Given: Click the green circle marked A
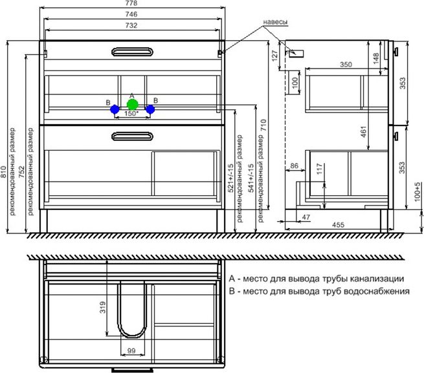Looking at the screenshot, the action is point(133,105).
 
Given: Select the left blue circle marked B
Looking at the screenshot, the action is point(115,109).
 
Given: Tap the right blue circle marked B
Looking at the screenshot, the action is point(150,109).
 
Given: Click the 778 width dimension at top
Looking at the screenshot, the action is point(131,3).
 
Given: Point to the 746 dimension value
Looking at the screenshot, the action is point(131,14).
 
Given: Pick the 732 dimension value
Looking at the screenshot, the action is point(131,25).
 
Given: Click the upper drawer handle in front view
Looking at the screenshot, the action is point(132,52).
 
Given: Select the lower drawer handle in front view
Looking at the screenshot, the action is point(132,136).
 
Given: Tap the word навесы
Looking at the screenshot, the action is point(275,23).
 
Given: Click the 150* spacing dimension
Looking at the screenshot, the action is point(131,113).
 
